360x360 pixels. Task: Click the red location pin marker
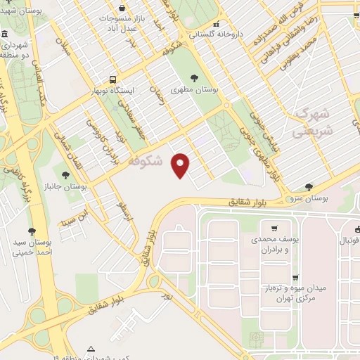click(181, 165)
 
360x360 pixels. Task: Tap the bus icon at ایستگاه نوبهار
click(112, 79)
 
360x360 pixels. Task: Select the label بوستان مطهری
click(215, 91)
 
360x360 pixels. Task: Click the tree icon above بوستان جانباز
click(65, 175)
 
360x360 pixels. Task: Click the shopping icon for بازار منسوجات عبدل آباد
click(122, 7)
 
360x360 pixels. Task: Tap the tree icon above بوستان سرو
click(309, 186)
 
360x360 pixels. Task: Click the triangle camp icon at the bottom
click(90, 349)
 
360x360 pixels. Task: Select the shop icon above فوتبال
click(356, 228)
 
